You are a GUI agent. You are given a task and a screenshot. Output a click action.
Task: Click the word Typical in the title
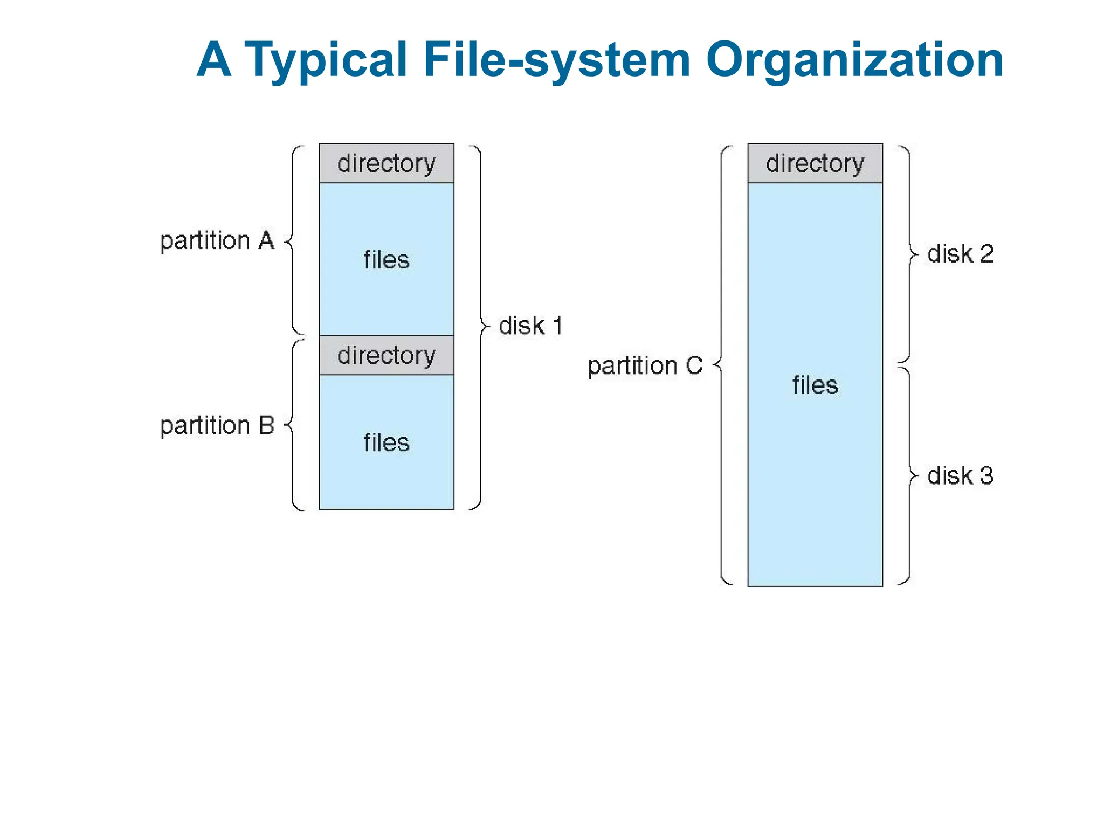(326, 60)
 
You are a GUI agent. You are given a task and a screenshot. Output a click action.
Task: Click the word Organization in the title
(854, 60)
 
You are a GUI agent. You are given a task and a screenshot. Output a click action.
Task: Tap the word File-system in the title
(557, 60)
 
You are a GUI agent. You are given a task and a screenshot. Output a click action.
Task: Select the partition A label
(217, 240)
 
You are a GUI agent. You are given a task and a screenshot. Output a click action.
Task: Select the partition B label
(217, 425)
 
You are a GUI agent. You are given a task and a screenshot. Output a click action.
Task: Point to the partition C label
(645, 366)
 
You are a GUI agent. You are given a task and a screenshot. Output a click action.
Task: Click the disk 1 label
(530, 326)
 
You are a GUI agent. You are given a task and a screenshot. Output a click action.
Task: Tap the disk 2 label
(960, 254)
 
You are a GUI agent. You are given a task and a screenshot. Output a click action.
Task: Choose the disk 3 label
(960, 476)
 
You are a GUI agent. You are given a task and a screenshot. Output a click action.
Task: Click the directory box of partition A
(387, 163)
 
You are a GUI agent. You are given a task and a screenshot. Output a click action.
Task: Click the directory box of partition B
(387, 355)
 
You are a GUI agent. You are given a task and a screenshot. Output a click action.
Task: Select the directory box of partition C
(815, 163)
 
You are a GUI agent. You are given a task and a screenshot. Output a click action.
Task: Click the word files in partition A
(387, 260)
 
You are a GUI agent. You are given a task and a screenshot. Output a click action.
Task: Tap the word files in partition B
(387, 443)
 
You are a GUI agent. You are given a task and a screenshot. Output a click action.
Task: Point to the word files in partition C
(815, 385)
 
